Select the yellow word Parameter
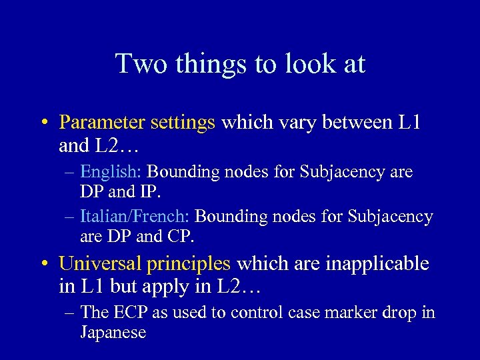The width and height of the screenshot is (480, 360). point(102,123)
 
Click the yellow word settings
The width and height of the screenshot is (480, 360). point(183,123)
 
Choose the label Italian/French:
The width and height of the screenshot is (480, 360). point(135,217)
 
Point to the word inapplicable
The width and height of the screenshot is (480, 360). point(377,264)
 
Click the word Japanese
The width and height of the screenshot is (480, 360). point(113,332)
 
